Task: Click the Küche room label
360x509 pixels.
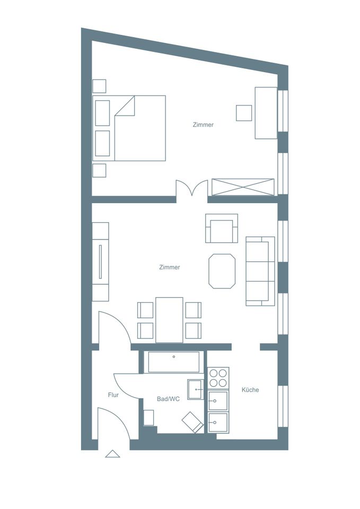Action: pos(250,390)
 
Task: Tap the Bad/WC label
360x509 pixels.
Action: pos(168,399)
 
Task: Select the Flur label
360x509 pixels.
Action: pos(113,395)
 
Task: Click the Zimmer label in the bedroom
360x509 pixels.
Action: pos(203,125)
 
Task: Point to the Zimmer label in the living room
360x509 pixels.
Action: pos(170,267)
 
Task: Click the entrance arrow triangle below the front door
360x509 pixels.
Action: pos(112,454)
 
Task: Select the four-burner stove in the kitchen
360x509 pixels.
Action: pos(218,378)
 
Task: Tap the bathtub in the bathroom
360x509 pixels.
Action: pos(174,362)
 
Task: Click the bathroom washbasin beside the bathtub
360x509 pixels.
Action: pos(196,389)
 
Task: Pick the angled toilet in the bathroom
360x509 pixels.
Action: pos(192,422)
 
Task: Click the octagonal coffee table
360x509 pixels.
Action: pos(222,271)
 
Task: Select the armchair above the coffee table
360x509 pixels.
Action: pos(222,228)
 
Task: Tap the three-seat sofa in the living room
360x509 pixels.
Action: pos(260,271)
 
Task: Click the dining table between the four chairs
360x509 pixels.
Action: pos(169,320)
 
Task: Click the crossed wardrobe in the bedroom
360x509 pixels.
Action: pos(243,187)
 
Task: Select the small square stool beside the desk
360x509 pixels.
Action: pos(244,113)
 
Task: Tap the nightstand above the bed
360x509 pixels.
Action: pos(99,86)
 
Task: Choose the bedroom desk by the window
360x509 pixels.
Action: pos(266,113)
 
